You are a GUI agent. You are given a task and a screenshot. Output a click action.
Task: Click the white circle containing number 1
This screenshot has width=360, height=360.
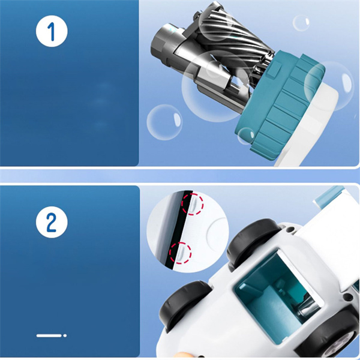(x=52, y=31)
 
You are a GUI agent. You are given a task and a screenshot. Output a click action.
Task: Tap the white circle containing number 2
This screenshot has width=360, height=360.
(x=52, y=222)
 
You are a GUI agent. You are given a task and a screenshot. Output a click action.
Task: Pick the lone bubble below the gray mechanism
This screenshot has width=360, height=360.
(x=164, y=122)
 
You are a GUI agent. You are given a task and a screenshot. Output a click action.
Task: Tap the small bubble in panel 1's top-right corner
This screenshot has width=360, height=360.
(x=301, y=23)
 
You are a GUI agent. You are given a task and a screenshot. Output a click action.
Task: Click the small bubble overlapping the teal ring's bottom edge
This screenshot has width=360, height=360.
(x=246, y=136)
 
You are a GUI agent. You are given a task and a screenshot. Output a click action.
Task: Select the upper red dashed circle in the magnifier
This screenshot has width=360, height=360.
(x=193, y=204)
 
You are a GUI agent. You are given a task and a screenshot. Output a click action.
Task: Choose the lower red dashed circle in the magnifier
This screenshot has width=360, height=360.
(x=180, y=253)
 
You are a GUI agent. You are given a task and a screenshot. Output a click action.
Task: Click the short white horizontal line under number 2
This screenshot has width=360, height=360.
(x=49, y=335)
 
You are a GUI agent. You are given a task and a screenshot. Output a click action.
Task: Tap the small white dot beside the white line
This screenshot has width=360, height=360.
(x=65, y=335)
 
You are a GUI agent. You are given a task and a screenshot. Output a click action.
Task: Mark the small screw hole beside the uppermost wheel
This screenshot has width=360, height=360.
(x=291, y=229)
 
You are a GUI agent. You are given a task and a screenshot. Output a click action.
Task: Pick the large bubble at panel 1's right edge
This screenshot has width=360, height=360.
(x=329, y=86)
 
